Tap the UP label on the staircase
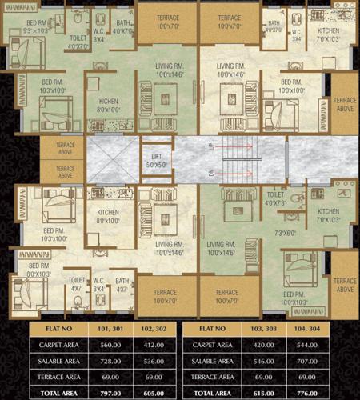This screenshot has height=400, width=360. [210, 147]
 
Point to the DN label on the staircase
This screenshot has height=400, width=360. [210, 171]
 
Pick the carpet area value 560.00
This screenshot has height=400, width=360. [108, 345]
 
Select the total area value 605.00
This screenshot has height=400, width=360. [154, 392]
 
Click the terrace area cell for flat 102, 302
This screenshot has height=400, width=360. [154, 376]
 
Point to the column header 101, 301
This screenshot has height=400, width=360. [108, 328]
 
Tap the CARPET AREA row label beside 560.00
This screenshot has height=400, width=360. [58, 345]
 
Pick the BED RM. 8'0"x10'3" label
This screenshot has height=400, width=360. [40, 270]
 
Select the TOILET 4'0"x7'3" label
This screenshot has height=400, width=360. [275, 198]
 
